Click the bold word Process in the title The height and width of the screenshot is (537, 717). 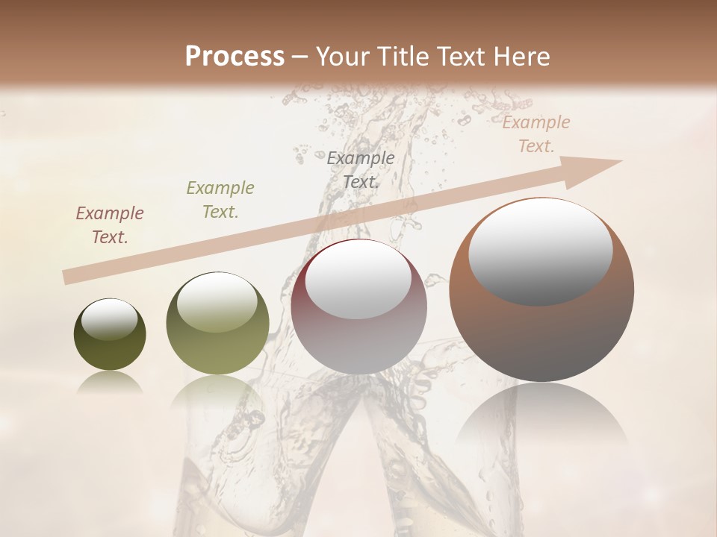[235, 57]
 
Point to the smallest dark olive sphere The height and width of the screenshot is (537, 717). [110, 335]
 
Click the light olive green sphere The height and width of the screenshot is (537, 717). [217, 324]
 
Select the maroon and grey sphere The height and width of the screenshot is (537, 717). [359, 307]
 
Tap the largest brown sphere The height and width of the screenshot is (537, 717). [541, 290]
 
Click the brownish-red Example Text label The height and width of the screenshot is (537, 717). [110, 225]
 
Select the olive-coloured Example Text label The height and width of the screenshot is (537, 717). [220, 200]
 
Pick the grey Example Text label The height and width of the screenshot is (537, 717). [361, 169]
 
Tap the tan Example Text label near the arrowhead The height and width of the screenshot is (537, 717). [536, 134]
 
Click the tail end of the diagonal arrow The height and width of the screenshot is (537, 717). [67, 277]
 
